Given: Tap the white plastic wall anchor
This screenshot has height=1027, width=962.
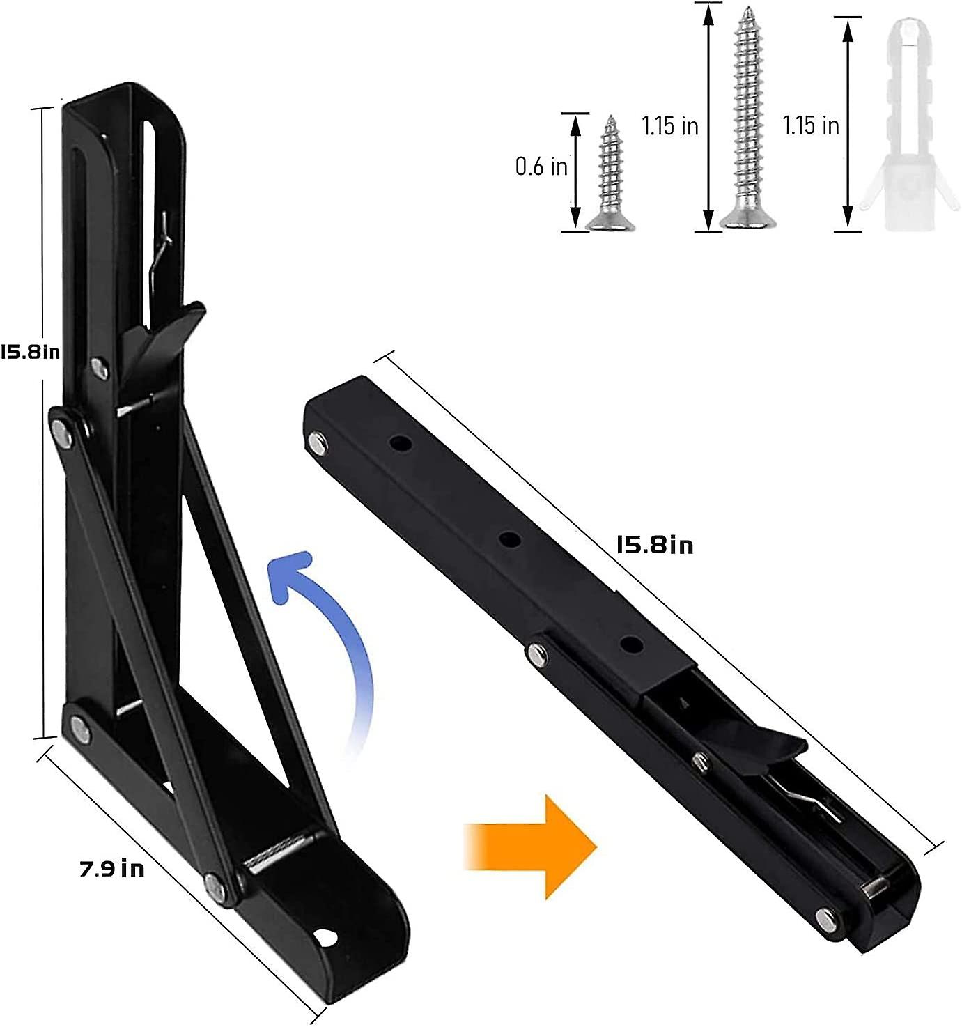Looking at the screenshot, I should pos(903,125).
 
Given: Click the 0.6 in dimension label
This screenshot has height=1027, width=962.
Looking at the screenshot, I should pos(541,167).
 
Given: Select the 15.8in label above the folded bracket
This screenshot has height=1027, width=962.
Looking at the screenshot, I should pos(655,544).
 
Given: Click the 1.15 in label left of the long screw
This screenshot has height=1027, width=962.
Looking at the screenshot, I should pos(669,126).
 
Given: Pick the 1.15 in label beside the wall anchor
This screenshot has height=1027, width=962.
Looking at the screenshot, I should pos(810,125).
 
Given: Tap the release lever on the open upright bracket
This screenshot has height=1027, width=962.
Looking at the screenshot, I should pos(167,334).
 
